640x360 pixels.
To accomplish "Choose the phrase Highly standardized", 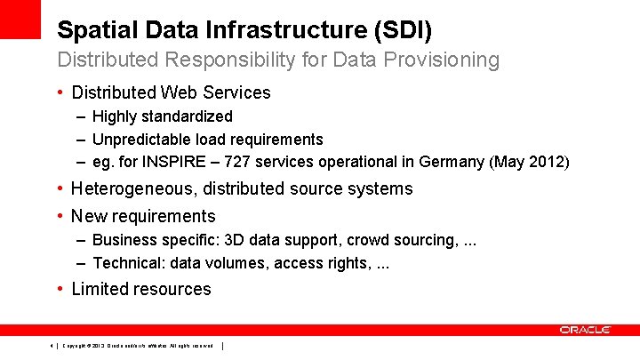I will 163,116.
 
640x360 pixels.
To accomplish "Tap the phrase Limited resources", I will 141,289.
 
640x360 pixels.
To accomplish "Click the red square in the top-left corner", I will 20,19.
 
